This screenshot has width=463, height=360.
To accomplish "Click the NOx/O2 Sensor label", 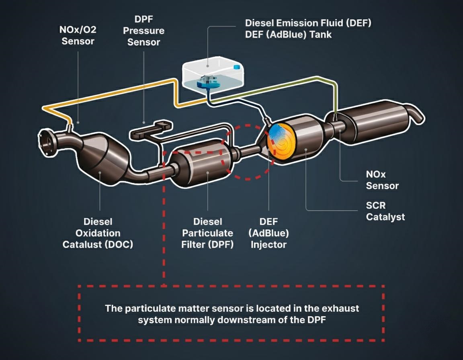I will tap(78, 35).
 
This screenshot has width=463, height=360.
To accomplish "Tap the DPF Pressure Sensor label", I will tap(143, 31).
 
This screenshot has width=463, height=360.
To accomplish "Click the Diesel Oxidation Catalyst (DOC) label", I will tap(98, 233).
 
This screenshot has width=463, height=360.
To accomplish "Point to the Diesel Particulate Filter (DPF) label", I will tap(207, 233).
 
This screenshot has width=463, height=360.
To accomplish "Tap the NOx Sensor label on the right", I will tap(382, 180).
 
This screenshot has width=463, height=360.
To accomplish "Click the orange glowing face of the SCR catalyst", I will tap(281, 140).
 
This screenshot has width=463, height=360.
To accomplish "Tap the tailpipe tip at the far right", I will tap(416, 115).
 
